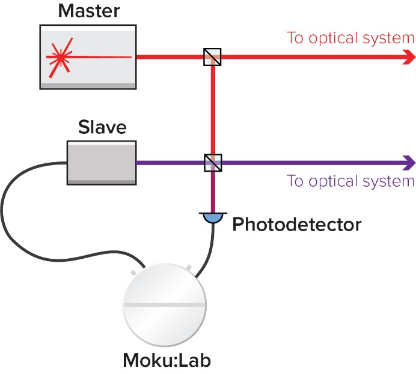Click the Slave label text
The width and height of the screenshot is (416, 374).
point(102,127)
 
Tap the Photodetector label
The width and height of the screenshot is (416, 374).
point(297,225)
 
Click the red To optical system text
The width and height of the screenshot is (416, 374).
point(350,38)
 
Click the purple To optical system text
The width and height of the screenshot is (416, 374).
point(350,181)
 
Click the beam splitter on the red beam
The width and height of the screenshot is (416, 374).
point(212,57)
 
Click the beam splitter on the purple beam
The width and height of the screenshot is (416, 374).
point(212,162)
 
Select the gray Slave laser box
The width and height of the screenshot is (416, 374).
point(100,161)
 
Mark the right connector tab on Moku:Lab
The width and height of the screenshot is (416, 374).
point(189,266)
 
